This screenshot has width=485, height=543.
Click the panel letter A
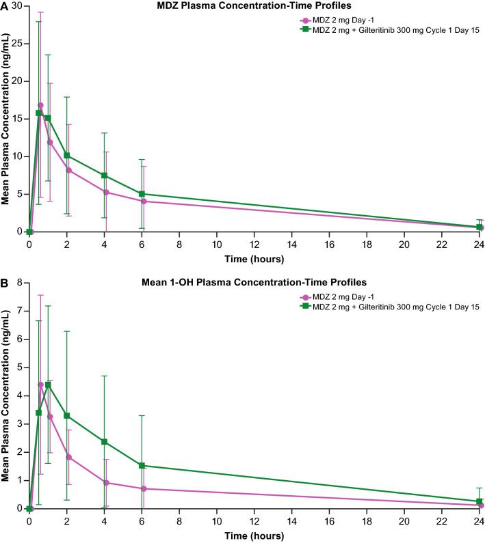[x=5, y=6]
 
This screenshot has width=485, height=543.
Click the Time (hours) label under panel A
[x=254, y=260]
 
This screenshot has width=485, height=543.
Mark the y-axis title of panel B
[x=6, y=395]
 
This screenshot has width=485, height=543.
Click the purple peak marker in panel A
[x=40, y=105]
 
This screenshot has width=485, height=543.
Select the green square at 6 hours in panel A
[x=142, y=194]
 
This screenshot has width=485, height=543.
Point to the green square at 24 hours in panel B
[x=479, y=501]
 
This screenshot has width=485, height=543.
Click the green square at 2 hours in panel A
[x=66, y=155]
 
